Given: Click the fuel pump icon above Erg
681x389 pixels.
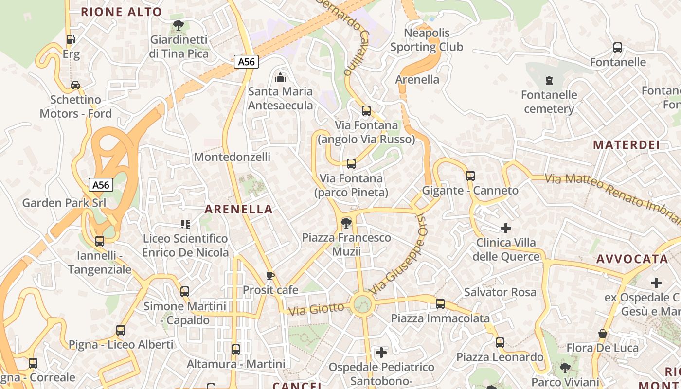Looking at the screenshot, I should coord(71,39).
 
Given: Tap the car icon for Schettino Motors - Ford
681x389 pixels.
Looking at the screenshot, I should coord(75,85).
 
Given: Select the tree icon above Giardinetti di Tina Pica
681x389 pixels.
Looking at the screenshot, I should coord(179,25).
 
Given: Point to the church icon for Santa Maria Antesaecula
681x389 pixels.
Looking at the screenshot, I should coord(280,77).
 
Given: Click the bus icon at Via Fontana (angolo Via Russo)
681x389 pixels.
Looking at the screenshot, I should coord(366,111).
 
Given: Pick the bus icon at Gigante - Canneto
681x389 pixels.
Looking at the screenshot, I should coord(470,176).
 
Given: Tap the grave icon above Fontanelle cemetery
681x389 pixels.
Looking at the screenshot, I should coord(549,80).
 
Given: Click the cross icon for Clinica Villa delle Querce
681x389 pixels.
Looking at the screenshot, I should coord(506,228).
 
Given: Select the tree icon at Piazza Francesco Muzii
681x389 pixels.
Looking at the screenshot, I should coord(346,223).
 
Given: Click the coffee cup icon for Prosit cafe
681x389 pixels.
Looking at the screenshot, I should coord(270,276).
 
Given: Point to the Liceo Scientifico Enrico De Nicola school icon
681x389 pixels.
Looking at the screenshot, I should coord(185,224).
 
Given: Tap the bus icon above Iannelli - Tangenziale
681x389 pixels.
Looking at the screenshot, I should coord(100,241).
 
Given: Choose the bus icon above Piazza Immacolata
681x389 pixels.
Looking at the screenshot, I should coord(440,304).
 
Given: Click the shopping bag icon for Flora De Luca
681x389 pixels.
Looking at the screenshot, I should coord(602,334).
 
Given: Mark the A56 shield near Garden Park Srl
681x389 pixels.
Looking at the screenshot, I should coord(101,185).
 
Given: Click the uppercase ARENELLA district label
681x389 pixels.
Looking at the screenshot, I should coord(238,210).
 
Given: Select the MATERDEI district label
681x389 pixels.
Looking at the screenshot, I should coord(626,145).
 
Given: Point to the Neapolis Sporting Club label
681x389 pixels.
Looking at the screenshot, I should coord(427,40).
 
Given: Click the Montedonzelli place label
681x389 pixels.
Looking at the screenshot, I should coord(232,157).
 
